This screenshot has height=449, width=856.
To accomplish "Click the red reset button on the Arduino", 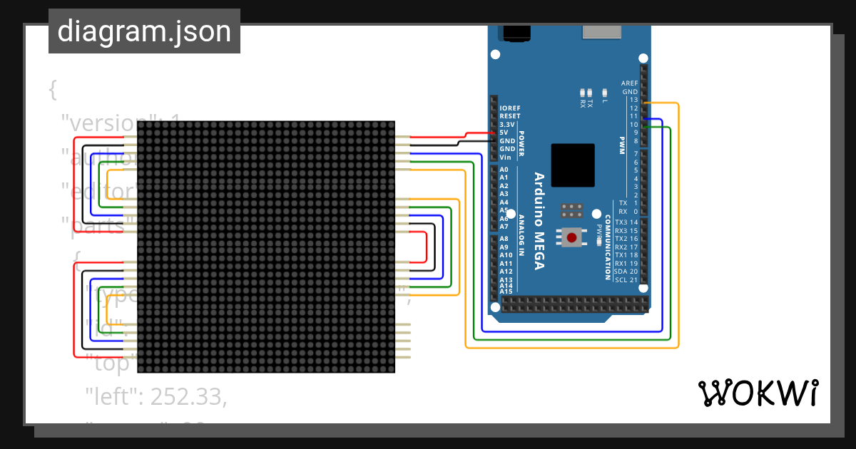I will coord(571,237).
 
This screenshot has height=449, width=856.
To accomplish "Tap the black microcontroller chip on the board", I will coord(572,165).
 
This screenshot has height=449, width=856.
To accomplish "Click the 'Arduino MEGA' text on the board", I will coord(539,221).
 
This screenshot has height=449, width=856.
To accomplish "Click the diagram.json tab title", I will coord(144,31).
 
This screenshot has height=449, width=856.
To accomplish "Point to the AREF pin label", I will coord(629,83).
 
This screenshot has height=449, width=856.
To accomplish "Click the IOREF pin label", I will coord(510,108).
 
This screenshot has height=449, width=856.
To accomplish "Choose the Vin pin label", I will coord(505,158).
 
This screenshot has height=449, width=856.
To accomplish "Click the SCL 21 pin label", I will coord(626,280).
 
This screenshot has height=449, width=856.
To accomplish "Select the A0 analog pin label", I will coord(504,169).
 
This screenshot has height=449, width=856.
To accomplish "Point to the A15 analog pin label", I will coord(506,291).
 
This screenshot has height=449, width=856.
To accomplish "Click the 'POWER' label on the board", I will coord(521,143).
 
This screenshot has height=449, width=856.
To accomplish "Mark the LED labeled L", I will coord(605,93).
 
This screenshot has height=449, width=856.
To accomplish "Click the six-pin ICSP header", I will coord(572,211).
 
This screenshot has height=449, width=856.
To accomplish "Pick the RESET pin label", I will coord(510,116).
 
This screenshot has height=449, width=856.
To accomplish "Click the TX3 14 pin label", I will coord(626,222).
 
